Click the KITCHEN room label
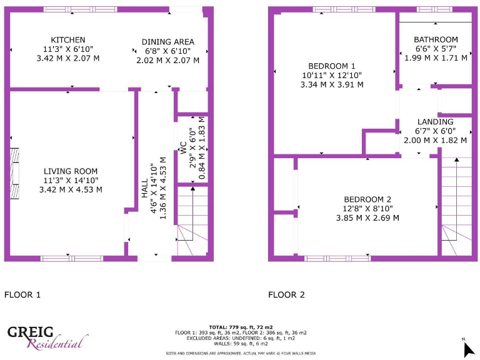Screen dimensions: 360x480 [x=68, y=40]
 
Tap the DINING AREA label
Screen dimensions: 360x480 [x=167, y=42]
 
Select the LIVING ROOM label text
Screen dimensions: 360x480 [x=71, y=171]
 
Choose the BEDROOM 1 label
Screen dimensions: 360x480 [x=332, y=66]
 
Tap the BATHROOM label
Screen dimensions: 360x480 [x=436, y=39]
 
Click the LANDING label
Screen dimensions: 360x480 [x=436, y=122]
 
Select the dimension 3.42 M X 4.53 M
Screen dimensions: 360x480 [x=71, y=189]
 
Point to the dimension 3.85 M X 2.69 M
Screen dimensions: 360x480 [x=367, y=218]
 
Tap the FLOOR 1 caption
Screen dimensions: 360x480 [x=22, y=294]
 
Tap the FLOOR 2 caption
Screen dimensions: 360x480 [x=286, y=294]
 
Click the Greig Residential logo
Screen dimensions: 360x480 [x=47, y=337]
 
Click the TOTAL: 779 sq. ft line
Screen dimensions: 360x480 [x=241, y=327]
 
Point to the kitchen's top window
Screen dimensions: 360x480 [x=80, y=9]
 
